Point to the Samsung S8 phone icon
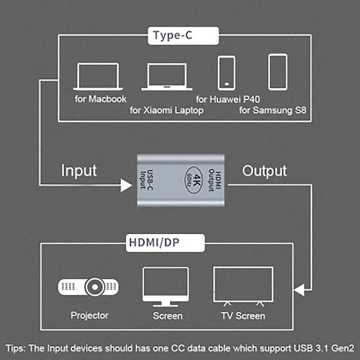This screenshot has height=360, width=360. click(278, 72)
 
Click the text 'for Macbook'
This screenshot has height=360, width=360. click(101, 99)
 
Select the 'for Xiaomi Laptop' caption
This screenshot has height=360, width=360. click(167, 110)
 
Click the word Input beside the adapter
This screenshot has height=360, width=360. click(79, 171)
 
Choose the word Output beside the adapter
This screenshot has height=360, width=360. click(265, 171)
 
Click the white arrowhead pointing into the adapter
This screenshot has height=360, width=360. click(126, 184)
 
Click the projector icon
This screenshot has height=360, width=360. click(89, 286)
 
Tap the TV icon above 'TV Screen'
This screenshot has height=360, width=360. click(243, 285)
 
